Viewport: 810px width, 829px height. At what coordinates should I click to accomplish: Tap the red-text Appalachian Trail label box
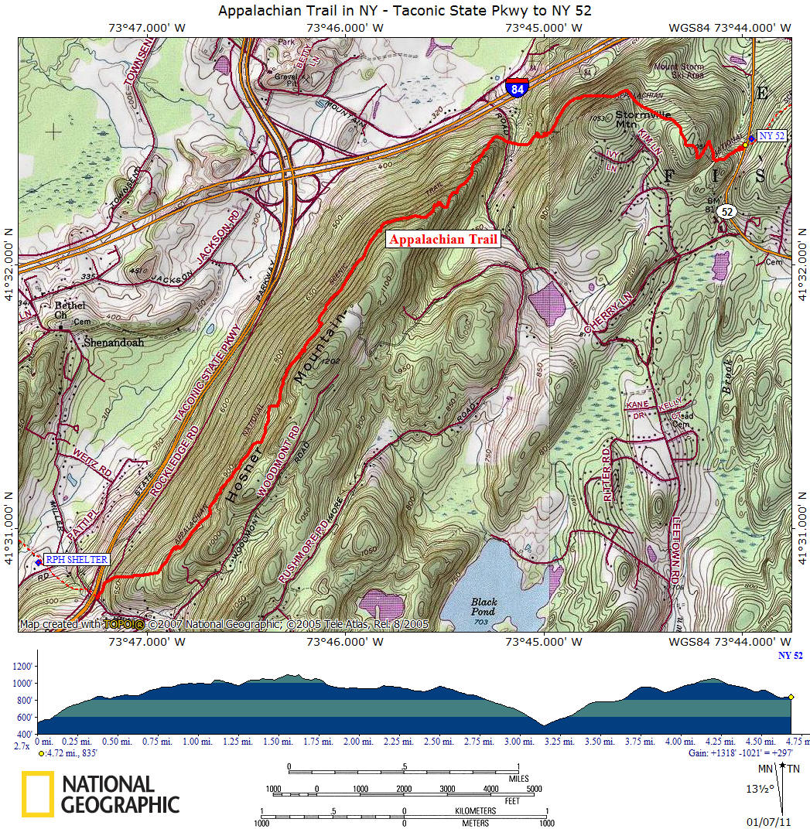(x=443, y=240)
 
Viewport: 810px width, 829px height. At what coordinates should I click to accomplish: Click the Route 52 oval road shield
(x=725, y=212)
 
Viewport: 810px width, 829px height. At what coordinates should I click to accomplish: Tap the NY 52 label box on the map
(x=771, y=135)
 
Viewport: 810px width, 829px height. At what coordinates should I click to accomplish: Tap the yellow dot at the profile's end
(x=791, y=697)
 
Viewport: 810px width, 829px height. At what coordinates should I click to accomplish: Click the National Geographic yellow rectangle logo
(x=37, y=794)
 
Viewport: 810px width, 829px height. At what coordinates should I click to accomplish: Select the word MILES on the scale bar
(x=513, y=779)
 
